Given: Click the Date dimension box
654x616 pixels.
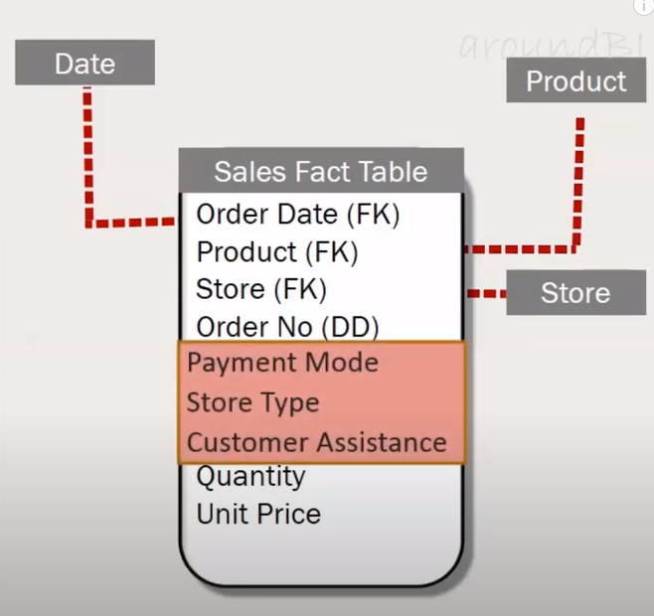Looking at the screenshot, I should (x=84, y=63).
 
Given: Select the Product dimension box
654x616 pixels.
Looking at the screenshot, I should (x=575, y=80).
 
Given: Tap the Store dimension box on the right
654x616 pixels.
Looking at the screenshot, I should (x=575, y=293).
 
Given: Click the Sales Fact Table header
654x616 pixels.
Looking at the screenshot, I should (x=320, y=171).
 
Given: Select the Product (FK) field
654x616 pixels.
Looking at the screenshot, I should (x=277, y=252).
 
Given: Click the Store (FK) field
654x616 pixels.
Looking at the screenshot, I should (x=261, y=290).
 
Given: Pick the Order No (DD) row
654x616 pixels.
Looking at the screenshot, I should (x=287, y=327).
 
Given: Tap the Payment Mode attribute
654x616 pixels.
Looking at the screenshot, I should (x=282, y=363).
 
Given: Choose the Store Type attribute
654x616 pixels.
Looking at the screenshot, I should (x=252, y=402).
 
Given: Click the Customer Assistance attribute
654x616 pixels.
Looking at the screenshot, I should (x=316, y=442).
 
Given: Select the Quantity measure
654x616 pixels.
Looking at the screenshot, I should (x=250, y=477).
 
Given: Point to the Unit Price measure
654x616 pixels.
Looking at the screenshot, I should (x=258, y=515).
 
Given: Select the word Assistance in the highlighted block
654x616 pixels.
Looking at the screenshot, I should (x=383, y=442).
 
